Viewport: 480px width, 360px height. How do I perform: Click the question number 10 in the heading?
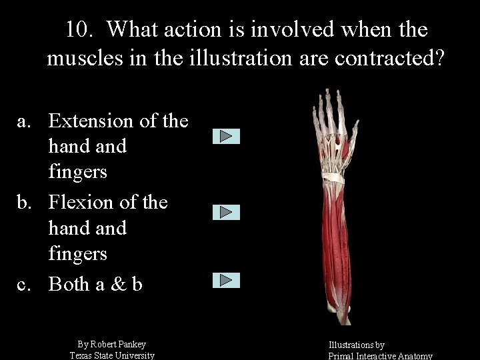[x=80, y=29]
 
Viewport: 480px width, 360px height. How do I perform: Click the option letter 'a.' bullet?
[x=25, y=121]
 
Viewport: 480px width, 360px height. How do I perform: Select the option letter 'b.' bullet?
[x=25, y=202]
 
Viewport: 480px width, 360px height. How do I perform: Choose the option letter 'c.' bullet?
[x=25, y=284]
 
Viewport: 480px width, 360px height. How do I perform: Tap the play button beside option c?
[x=226, y=280]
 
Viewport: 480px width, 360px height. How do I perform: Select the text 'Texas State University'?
[x=112, y=355]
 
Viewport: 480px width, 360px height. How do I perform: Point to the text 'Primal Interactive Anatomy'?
[x=380, y=356]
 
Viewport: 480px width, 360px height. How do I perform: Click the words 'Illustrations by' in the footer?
[x=356, y=345]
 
